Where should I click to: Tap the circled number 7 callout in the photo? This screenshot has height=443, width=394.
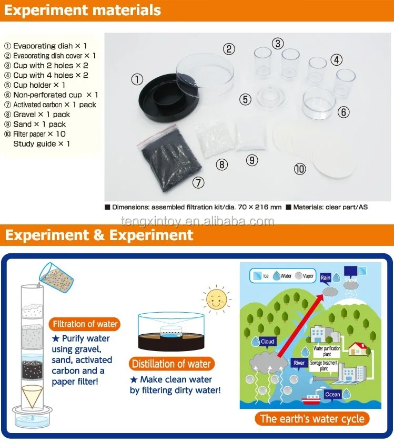point(198,183)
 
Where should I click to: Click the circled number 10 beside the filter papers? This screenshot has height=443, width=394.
point(300,169)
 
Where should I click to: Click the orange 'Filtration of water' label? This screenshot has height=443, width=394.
point(85,324)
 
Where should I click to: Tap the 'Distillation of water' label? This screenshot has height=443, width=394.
point(171,364)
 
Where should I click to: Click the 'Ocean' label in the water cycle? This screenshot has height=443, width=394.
point(332,395)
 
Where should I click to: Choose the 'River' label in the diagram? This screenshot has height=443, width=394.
point(299,363)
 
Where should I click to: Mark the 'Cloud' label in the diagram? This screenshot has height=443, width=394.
point(268,341)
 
